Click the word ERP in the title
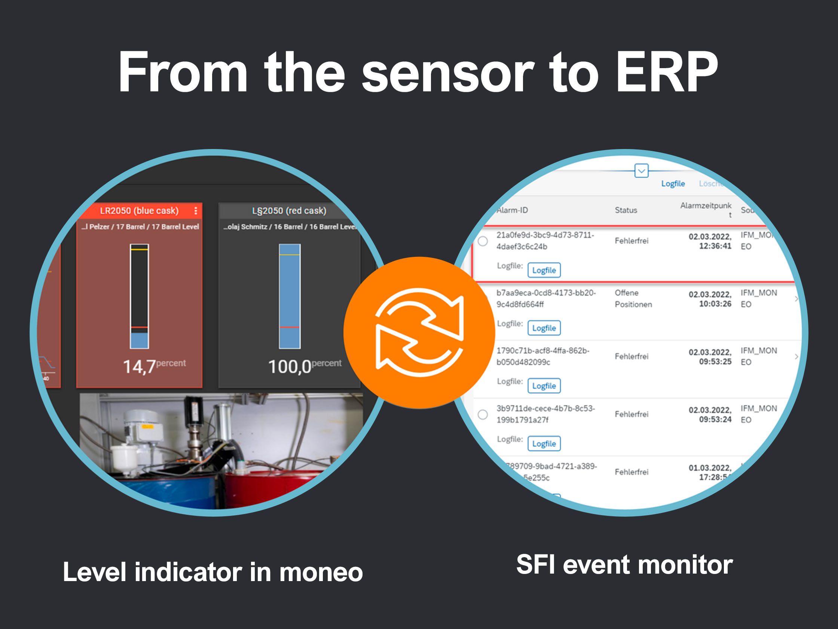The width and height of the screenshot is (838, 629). coord(666,72)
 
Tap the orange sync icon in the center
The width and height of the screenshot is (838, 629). coord(419,332)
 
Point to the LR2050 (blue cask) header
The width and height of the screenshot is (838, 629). coord(139,211)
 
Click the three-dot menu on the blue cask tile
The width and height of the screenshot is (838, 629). coord(196,211)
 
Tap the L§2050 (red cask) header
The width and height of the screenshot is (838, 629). coord(289,211)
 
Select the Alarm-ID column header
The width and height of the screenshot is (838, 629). coord(512,210)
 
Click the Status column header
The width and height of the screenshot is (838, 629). coord(626,210)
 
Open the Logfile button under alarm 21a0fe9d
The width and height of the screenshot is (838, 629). coord(544,270)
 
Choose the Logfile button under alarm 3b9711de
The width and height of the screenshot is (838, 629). coord(544,444)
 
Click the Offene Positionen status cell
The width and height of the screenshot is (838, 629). coord(633,298)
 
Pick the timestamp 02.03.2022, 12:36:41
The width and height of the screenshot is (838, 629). coord(710,241)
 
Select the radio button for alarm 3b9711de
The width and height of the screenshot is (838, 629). coord(483,414)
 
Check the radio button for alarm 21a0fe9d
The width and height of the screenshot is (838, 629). coord(483,241)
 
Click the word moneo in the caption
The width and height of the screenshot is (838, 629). coord(321,572)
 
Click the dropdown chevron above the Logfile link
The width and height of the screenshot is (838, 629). coord(641,171)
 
